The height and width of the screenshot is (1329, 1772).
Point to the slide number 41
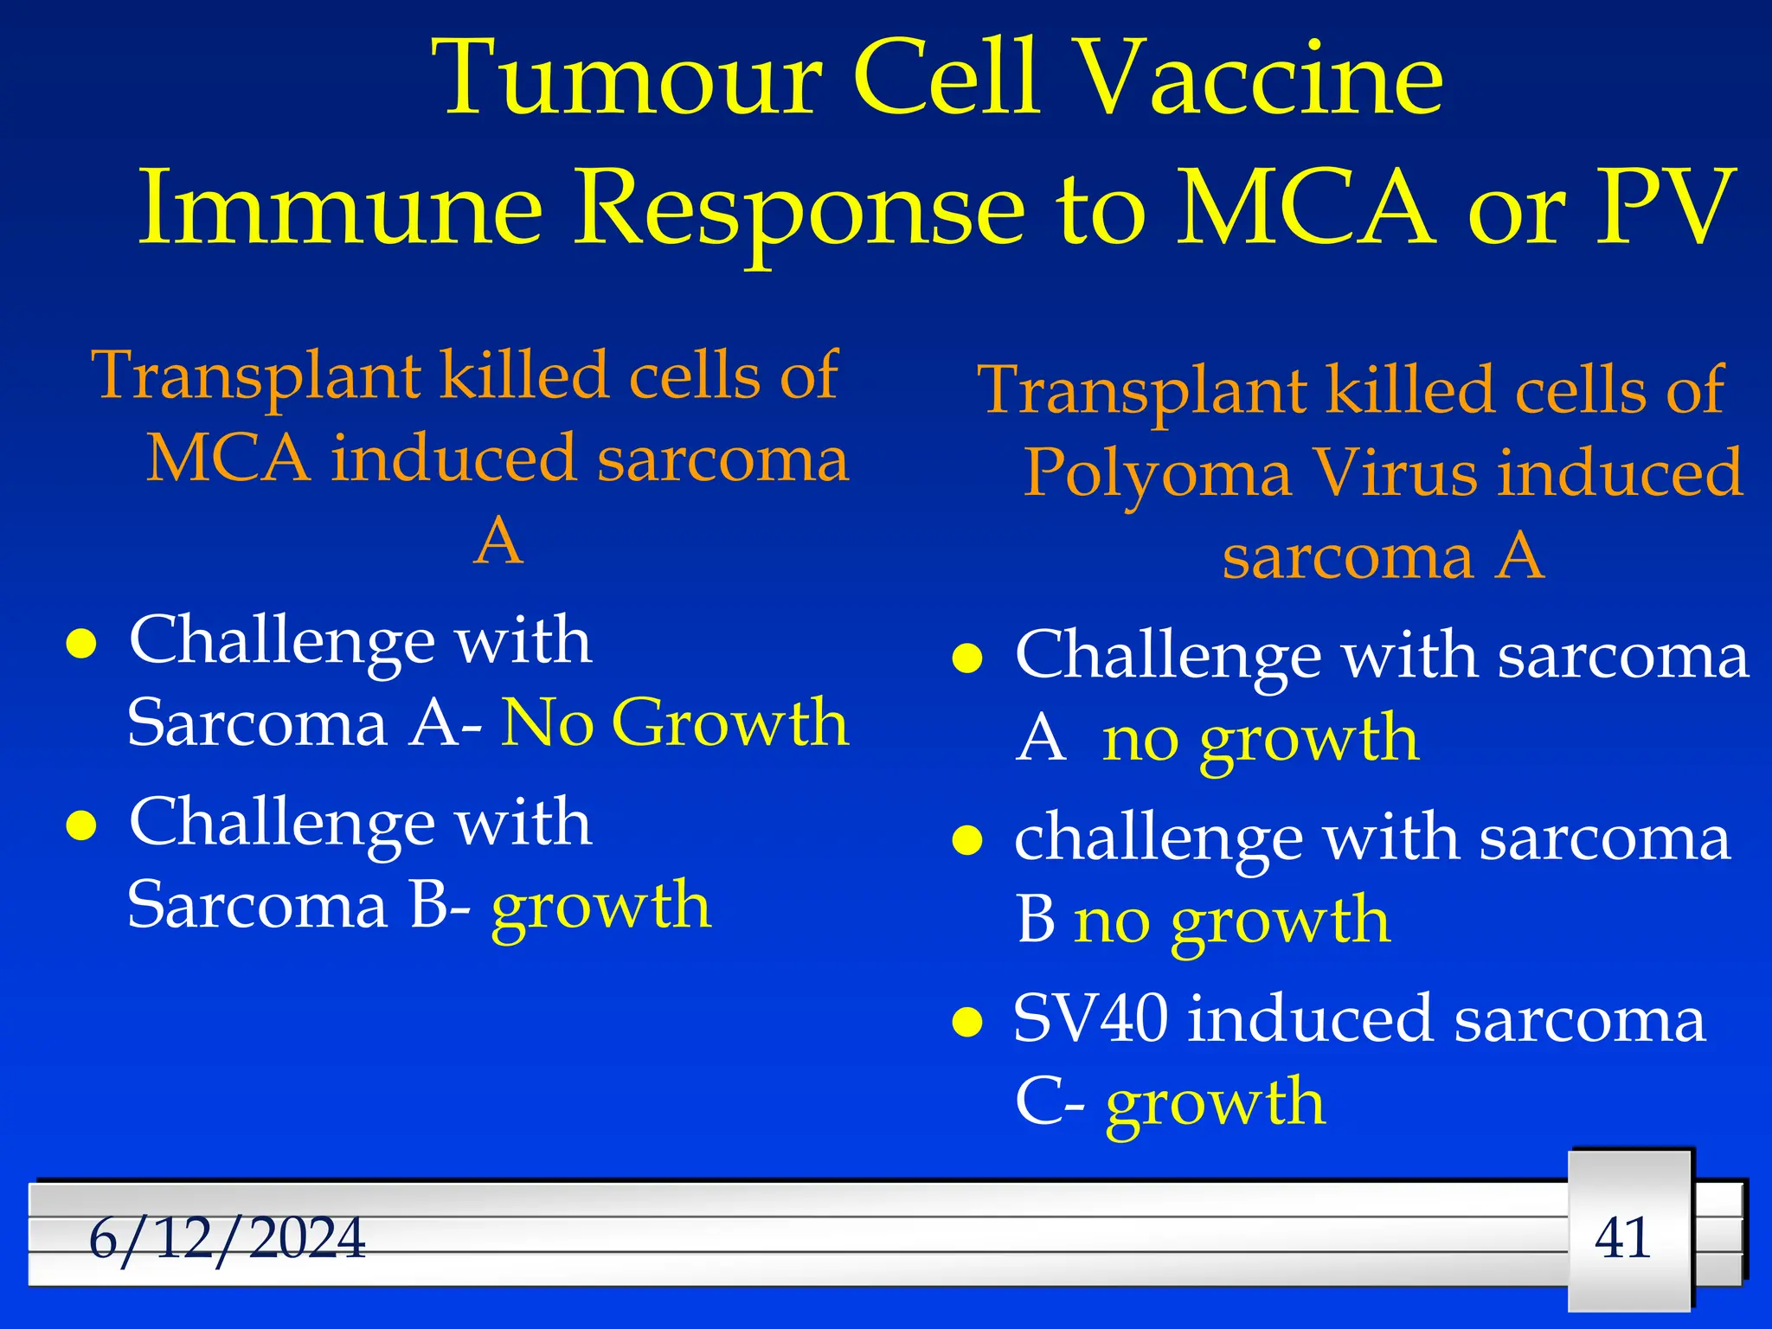[x=1623, y=1237]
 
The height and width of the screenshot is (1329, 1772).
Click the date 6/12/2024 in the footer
[x=227, y=1238]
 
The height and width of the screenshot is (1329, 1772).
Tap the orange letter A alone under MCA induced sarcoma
[x=499, y=542]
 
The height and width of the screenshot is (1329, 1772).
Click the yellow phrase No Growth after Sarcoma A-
[x=675, y=722]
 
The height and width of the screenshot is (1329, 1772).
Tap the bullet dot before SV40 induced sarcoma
[x=966, y=1023]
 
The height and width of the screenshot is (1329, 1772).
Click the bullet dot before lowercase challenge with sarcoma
[x=966, y=840]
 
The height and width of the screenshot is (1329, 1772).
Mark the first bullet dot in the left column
[x=80, y=645]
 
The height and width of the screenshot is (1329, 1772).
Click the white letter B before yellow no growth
[x=1036, y=920]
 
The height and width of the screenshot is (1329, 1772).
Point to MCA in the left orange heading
[x=228, y=459]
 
